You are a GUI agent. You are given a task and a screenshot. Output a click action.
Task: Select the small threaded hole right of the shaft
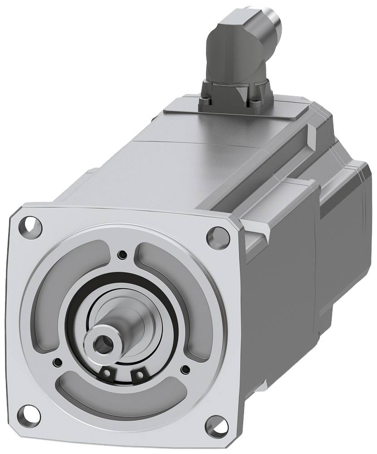(184, 369)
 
